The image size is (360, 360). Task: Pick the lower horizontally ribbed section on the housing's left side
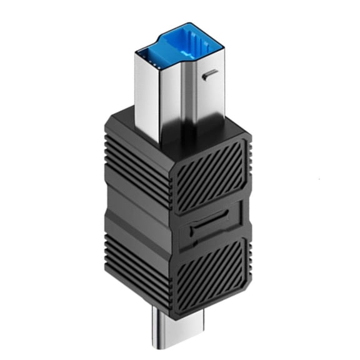[x=134, y=262]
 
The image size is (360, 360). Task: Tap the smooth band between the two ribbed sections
[x=134, y=216]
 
